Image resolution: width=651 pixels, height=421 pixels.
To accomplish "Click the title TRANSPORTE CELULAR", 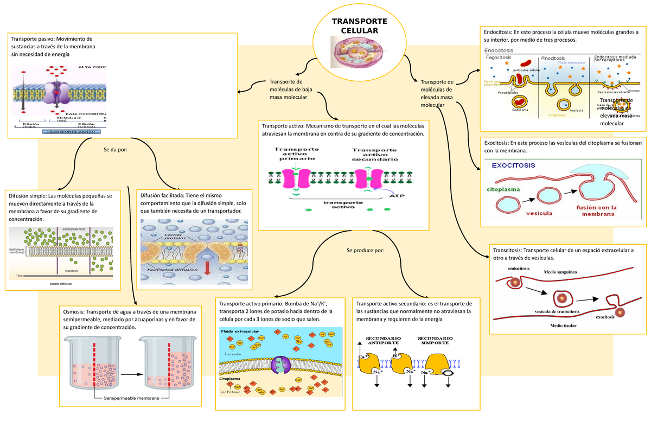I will tap(359, 26).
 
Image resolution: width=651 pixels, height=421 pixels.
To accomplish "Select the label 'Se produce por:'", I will tap(365, 250).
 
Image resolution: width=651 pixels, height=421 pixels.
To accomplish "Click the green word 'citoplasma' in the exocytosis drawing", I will tap(502, 189).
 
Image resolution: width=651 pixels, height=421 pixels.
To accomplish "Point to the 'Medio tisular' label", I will tap(563, 326).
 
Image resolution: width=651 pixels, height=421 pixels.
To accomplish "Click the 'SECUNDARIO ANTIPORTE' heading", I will tap(384, 341).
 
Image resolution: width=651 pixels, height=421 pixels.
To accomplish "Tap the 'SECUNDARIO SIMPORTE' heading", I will tap(435, 341).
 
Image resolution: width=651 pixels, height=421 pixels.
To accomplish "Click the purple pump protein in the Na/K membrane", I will tap(281, 365).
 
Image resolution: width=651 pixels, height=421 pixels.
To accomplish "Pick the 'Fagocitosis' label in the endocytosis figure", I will tap(499, 57).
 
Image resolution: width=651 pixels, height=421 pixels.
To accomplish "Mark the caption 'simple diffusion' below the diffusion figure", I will tap(61, 283).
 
